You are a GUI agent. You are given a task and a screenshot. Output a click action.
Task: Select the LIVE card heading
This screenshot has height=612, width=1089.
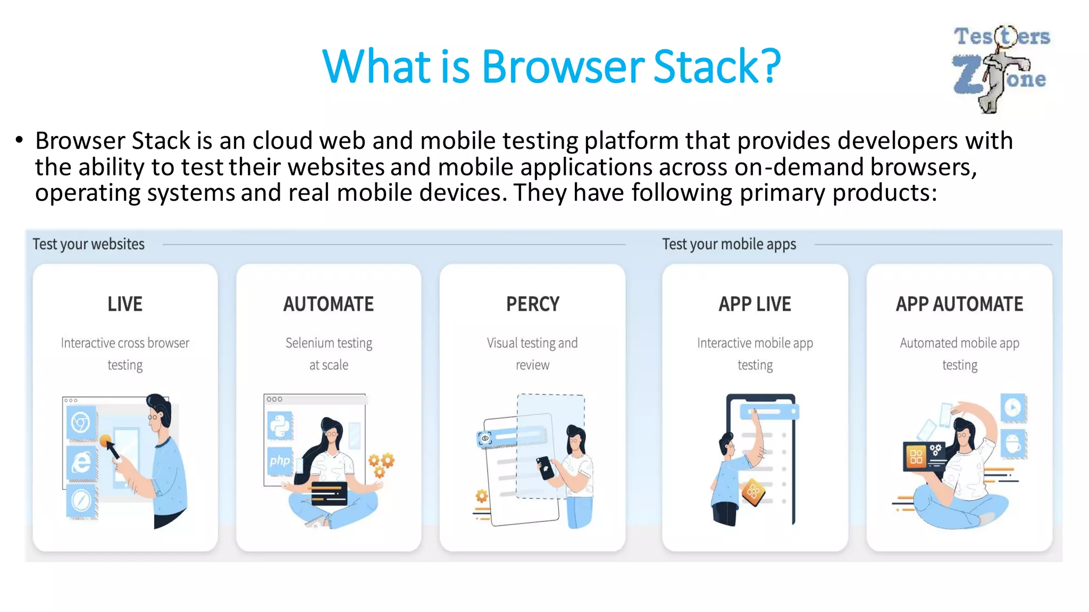(x=125, y=304)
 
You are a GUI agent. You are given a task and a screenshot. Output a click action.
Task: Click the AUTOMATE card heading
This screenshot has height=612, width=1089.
(x=329, y=304)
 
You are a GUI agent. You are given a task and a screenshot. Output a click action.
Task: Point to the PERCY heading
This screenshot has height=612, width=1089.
(x=532, y=304)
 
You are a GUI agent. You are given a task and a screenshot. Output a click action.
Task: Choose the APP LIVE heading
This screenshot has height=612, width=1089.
(x=755, y=304)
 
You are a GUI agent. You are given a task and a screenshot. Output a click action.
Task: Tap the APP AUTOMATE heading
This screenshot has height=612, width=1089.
(x=959, y=304)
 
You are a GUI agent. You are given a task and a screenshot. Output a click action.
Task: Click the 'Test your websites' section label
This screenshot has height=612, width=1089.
(x=89, y=244)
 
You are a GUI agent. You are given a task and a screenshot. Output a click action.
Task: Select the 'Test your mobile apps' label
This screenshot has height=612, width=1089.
(x=729, y=244)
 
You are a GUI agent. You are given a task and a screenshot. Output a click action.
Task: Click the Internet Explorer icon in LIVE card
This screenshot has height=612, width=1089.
(x=81, y=462)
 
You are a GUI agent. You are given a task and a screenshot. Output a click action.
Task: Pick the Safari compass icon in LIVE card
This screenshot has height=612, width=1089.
(x=81, y=500)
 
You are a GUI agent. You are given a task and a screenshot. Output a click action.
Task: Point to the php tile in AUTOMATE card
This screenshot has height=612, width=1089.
(x=280, y=461)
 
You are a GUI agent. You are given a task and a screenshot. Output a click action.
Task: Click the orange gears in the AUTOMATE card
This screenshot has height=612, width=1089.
(x=381, y=464)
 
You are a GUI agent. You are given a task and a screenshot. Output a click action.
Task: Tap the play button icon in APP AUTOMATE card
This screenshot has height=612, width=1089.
(x=1013, y=407)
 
